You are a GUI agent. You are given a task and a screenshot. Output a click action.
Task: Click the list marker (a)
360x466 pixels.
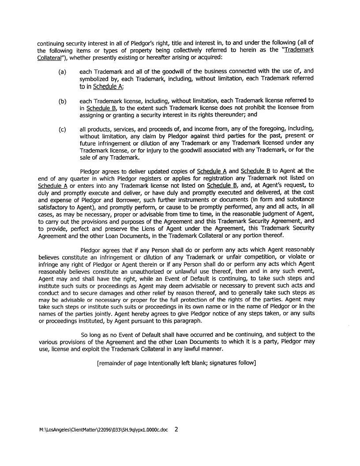[62, 71]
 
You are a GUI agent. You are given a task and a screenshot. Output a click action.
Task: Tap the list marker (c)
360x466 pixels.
[62, 130]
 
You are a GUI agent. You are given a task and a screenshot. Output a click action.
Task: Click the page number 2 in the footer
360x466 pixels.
[176, 429]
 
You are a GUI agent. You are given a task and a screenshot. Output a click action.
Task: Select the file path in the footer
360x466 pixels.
[104, 429]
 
